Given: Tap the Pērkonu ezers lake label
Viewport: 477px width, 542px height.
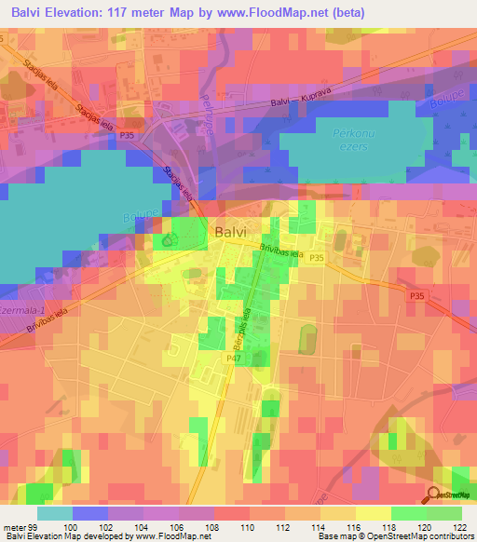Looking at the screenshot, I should click(x=350, y=139).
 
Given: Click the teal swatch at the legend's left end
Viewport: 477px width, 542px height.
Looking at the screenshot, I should click(x=54, y=514).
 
